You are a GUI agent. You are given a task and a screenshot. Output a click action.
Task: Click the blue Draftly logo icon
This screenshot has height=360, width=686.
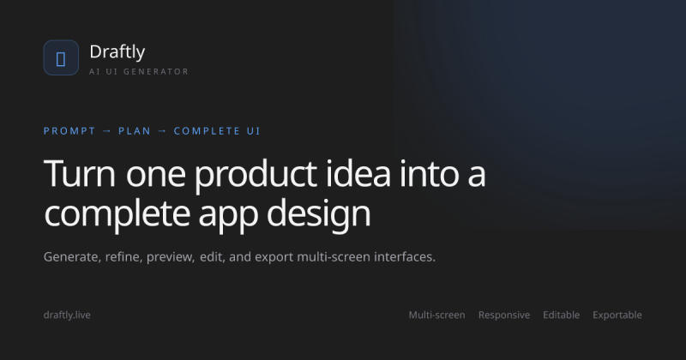point(61,57)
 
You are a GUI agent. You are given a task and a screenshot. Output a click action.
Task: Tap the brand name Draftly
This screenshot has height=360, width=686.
point(117,52)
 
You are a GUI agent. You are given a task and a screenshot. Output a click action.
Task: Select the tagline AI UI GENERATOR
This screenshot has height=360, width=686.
point(139,71)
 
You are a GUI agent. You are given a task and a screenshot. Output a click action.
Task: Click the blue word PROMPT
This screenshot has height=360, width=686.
point(69,131)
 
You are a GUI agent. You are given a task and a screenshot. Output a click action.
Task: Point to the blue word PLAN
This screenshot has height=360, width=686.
point(135,131)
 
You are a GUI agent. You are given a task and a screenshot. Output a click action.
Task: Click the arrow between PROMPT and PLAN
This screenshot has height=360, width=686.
point(107,131)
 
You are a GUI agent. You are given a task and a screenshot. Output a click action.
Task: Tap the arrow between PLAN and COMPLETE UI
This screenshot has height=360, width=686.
point(163,131)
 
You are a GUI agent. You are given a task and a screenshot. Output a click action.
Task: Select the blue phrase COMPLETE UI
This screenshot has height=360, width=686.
point(217,131)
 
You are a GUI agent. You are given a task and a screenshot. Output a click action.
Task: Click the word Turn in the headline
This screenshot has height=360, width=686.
point(80,173)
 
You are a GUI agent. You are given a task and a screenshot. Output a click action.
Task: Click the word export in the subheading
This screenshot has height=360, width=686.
point(274,258)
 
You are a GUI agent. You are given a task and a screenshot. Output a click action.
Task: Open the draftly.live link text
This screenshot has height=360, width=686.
point(67,315)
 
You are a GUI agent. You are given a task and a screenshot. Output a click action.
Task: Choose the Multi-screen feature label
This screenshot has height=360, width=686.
point(437,315)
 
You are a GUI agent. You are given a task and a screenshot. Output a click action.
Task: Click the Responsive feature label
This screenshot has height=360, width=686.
point(504,315)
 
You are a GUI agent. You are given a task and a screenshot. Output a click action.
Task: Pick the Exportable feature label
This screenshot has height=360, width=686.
point(617,315)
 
